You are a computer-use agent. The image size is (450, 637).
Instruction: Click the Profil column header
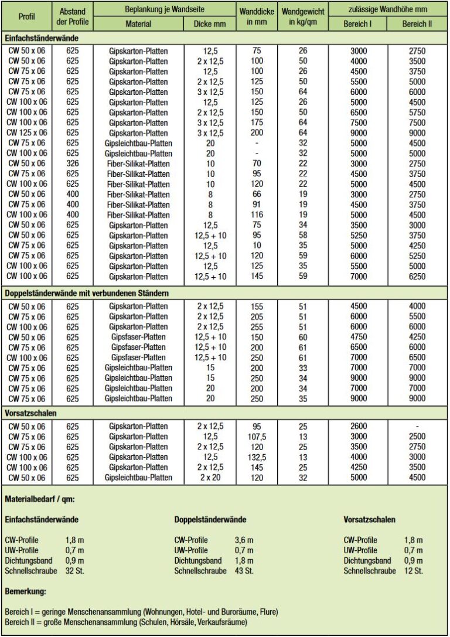pyautogui.click(x=26, y=16)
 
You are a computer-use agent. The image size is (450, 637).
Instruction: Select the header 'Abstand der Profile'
pyautogui.click(x=73, y=16)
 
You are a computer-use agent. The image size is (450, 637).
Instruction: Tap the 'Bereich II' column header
pyautogui.click(x=417, y=23)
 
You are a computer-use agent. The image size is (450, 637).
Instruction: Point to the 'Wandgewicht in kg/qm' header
pyautogui.click(x=303, y=16)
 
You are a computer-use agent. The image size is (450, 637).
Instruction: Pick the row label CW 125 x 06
pyautogui.click(x=26, y=132)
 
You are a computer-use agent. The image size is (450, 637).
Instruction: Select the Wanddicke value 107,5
pyautogui.click(x=255, y=437)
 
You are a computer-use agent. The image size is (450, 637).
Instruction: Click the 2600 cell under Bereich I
pyautogui.click(x=358, y=426)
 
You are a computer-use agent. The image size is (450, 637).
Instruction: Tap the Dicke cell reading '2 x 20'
pyautogui.click(x=210, y=478)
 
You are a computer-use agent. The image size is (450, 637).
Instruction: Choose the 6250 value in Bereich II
pyautogui.click(x=417, y=276)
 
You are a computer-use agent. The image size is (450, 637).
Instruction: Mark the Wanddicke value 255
pyautogui.click(x=255, y=326)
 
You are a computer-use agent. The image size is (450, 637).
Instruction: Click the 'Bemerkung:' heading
pyautogui.click(x=26, y=592)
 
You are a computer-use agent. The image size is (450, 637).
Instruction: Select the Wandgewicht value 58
pyautogui.click(x=303, y=235)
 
